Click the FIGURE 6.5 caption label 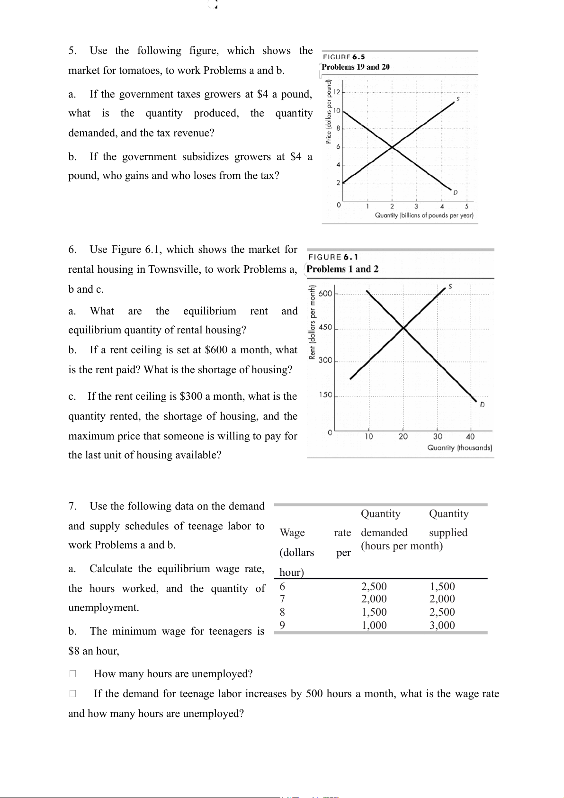tap(344, 57)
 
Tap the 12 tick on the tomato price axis tap(337, 91)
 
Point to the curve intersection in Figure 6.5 tap(393, 147)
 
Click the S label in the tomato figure tap(458, 99)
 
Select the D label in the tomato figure tap(456, 192)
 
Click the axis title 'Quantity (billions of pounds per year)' tap(424, 215)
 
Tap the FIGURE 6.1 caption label tap(333, 257)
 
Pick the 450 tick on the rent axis tap(325, 327)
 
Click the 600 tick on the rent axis tap(325, 294)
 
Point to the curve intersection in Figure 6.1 tap(403, 327)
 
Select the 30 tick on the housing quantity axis tap(438, 437)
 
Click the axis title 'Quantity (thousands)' tap(459, 448)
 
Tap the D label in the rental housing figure tap(482, 405)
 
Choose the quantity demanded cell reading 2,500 tap(374, 586)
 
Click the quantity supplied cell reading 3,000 tap(442, 625)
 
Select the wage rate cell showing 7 tap(282, 599)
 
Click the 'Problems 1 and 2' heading tap(342, 269)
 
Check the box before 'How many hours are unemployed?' tap(72, 673)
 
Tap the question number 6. tap(72, 250)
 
